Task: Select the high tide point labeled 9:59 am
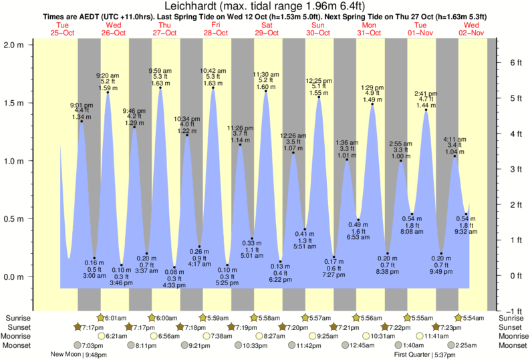point(160,88)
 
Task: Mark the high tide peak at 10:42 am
point(213,88)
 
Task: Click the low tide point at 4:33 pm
point(174,267)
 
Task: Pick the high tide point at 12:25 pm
point(319,98)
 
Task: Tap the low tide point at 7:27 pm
point(334,256)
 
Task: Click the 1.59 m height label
point(108,87)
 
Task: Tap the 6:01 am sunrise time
point(115,318)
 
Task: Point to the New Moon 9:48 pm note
point(78,355)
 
